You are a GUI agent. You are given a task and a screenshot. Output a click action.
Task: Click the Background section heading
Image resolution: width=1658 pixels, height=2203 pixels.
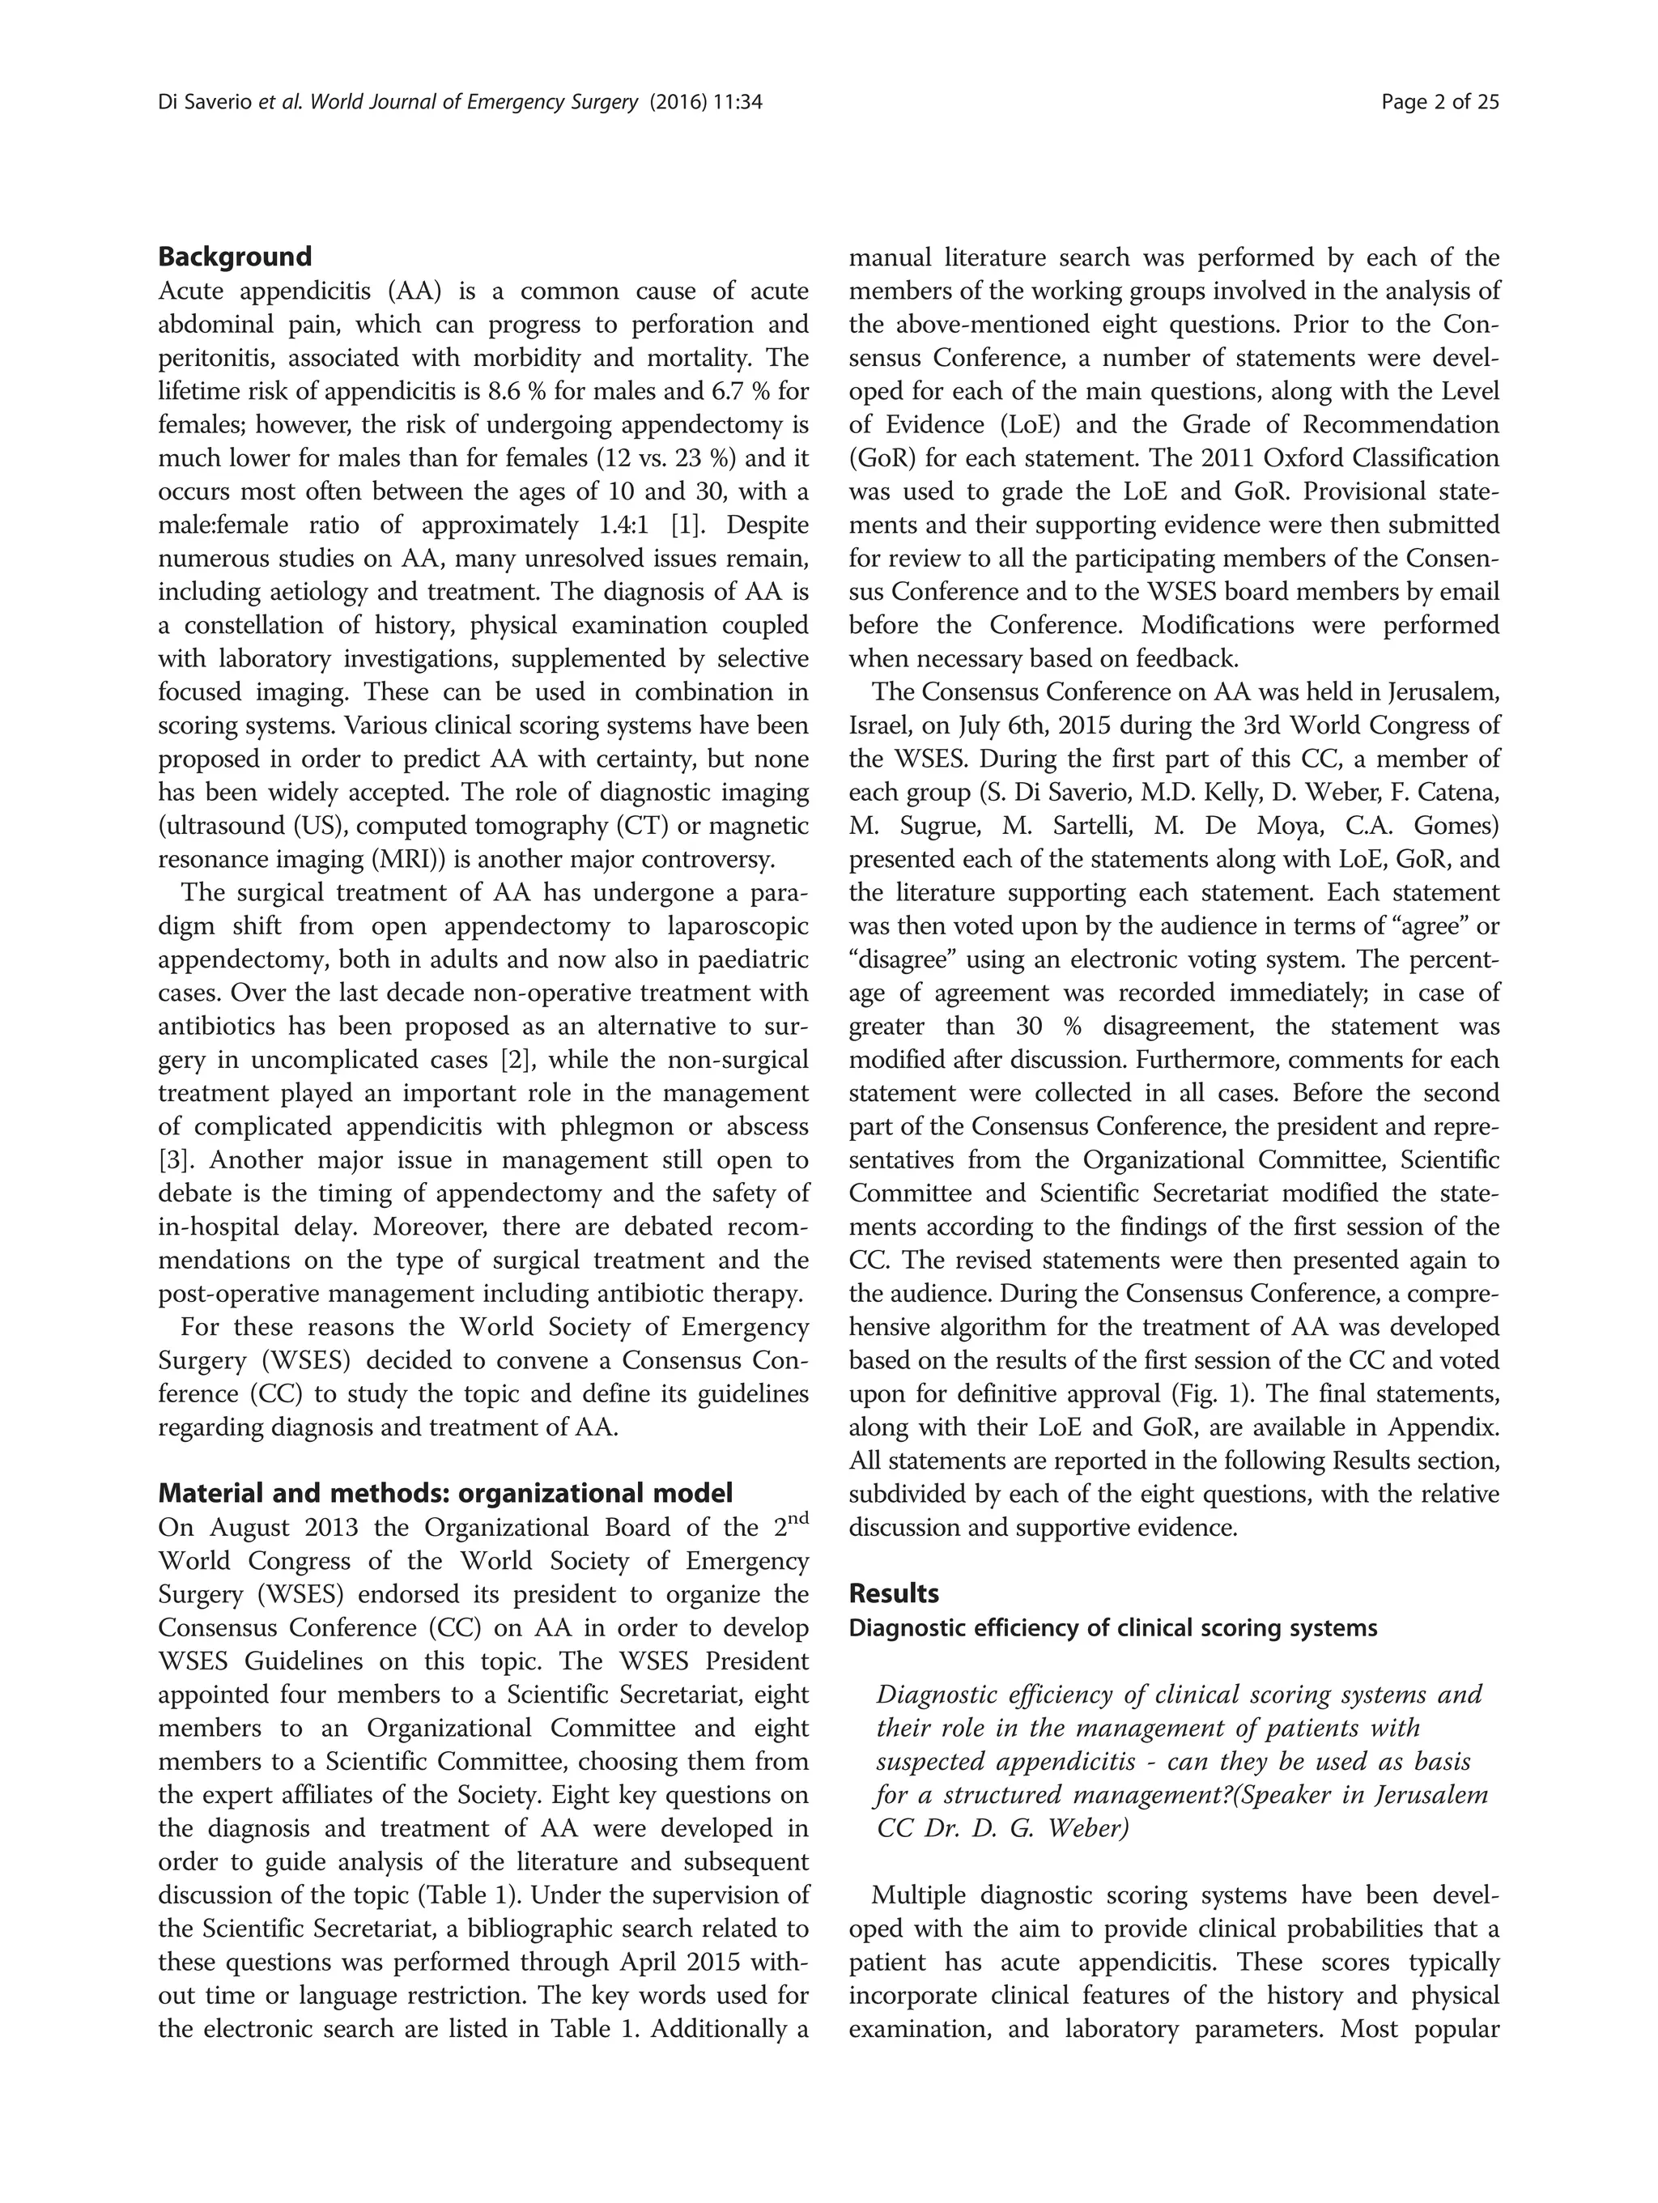[235, 257]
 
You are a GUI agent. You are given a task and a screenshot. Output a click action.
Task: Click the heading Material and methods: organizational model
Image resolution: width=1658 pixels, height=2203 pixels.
[445, 1494]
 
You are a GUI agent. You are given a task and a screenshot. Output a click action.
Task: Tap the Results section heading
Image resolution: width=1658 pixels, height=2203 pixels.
[893, 1593]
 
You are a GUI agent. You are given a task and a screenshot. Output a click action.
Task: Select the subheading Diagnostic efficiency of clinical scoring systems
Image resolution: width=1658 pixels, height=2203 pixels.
[1112, 1628]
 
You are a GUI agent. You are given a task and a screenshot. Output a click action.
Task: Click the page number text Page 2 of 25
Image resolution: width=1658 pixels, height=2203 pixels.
[1440, 101]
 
